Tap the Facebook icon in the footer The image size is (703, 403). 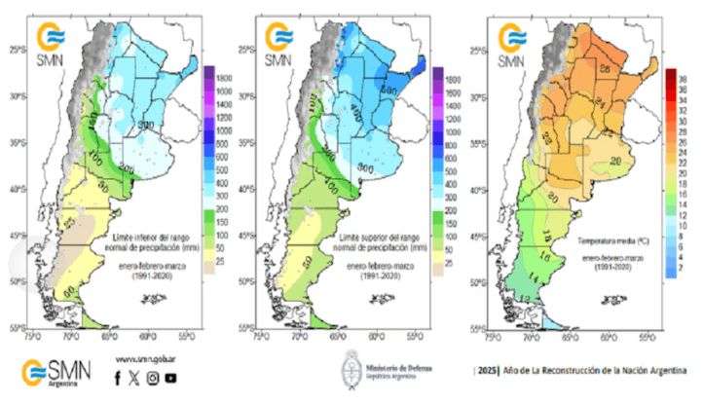(118, 378)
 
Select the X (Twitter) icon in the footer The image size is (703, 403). (134, 378)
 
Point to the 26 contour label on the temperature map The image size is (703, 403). (604, 69)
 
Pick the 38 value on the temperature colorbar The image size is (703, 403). (684, 73)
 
